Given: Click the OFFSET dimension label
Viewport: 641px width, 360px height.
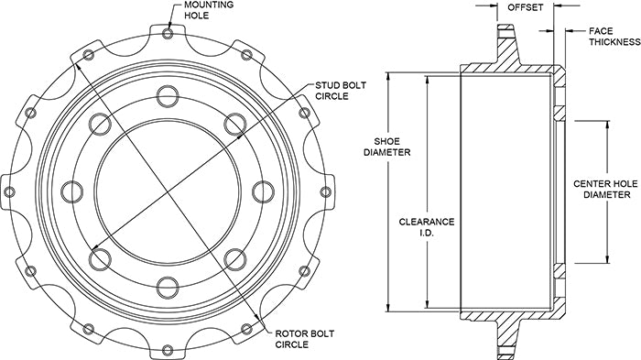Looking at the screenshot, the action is [x=526, y=7].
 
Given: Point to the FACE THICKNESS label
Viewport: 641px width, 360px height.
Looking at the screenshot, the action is [x=614, y=37].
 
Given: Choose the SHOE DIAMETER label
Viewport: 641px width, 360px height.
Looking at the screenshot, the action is [x=387, y=147].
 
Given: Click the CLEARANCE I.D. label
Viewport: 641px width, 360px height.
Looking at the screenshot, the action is [x=427, y=227].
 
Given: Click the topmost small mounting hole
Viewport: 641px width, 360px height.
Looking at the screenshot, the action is [x=168, y=34].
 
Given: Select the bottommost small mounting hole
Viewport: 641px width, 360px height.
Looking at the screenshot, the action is [x=168, y=350].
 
